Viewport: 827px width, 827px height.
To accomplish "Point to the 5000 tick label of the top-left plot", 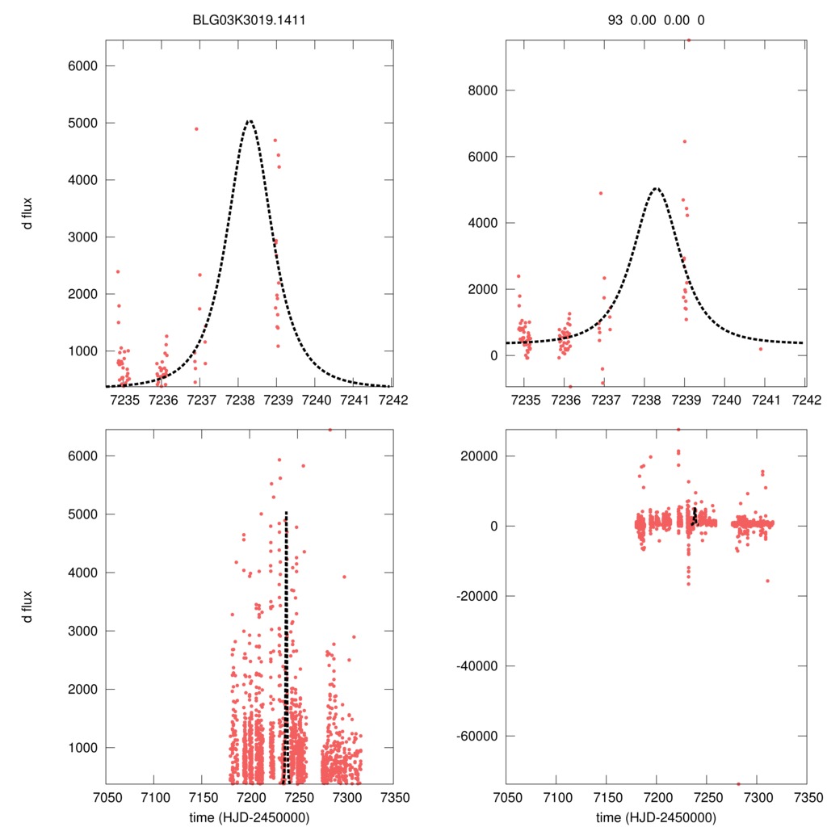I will point(81,123).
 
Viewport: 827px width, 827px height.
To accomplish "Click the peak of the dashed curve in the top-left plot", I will point(250,121).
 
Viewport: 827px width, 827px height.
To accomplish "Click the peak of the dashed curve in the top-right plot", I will point(656,189).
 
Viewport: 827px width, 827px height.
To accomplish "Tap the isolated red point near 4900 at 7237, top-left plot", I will point(196,128).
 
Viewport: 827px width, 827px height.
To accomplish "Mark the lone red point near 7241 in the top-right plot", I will point(760,348).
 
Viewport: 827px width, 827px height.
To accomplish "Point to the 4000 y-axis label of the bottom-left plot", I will point(81,573).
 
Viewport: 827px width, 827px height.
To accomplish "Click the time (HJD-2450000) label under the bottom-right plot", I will point(656,817).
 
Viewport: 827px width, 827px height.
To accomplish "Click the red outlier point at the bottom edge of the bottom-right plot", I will point(738,783).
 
